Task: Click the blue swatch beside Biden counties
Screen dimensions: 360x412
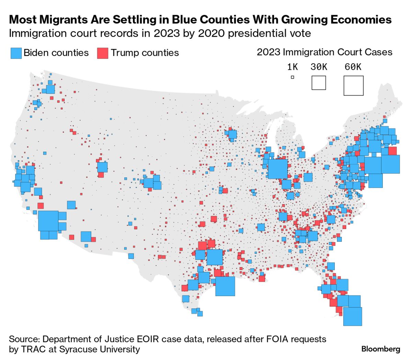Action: tap(16, 53)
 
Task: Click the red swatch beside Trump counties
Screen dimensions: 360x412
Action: tap(103, 53)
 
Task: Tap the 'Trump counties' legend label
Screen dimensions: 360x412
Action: tap(145, 53)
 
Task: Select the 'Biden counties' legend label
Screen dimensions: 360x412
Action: tap(56, 53)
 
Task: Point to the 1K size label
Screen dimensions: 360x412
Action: tap(292, 67)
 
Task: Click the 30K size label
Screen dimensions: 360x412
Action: tap(319, 67)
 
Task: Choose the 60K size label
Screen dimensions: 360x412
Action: tap(353, 67)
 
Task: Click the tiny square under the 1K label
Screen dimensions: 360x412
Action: tap(293, 77)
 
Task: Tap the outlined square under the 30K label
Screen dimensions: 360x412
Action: tap(319, 83)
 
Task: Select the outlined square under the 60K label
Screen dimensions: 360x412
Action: tap(353, 86)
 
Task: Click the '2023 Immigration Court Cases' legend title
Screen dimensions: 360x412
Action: tap(324, 52)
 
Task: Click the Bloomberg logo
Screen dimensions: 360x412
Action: tap(381, 349)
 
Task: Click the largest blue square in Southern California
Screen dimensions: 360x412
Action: tap(48, 221)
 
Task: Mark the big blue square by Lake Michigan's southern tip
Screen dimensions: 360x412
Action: tap(278, 169)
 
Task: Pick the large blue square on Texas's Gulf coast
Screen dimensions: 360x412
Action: tap(225, 286)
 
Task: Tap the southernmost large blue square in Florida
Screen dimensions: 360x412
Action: tap(353, 316)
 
